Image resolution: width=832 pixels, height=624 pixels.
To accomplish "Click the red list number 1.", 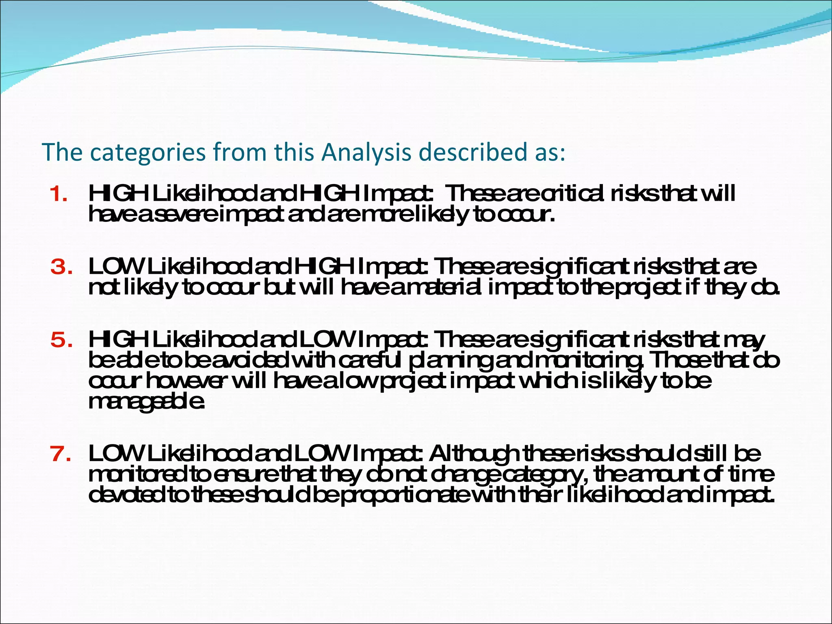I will [x=58, y=194].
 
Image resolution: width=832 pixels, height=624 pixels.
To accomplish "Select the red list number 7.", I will [x=61, y=454].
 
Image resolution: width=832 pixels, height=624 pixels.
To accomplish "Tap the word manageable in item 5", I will [x=146, y=402].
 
